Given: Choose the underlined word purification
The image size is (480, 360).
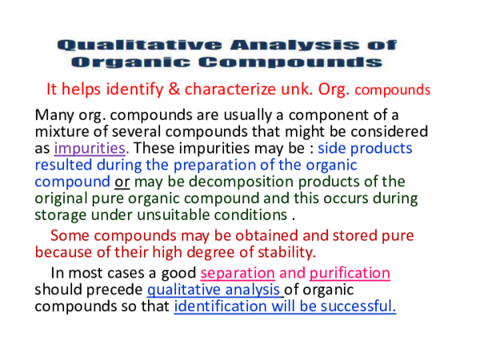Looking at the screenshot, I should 350,273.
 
